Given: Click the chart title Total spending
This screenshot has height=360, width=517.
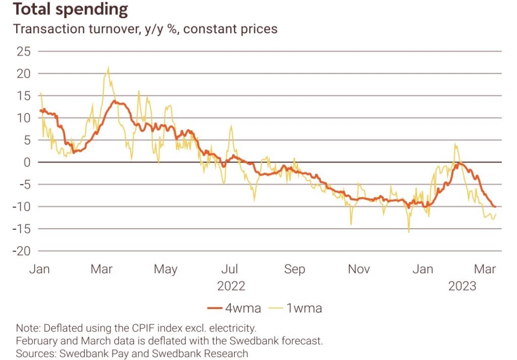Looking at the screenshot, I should tap(71, 9).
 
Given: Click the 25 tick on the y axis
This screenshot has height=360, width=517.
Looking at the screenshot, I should tap(24, 52).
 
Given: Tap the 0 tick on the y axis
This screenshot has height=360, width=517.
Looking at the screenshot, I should tap(27, 162).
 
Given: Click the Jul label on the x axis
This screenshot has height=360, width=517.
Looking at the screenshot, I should tap(230, 269).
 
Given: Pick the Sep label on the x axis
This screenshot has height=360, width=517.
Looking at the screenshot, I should tap(294, 269).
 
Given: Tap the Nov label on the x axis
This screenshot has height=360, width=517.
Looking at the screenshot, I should tap(359, 269).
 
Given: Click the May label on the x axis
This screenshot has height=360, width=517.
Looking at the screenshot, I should tap(165, 269).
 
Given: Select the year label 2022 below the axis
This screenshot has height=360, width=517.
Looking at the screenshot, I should tap(231, 286).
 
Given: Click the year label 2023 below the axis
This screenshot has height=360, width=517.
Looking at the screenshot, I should tap(462, 286).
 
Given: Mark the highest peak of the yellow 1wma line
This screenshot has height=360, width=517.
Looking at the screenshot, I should tap(108, 68).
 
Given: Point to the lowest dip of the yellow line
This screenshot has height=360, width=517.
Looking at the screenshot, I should tap(408, 232).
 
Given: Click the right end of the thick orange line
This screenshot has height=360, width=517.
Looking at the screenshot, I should tap(495, 207).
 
